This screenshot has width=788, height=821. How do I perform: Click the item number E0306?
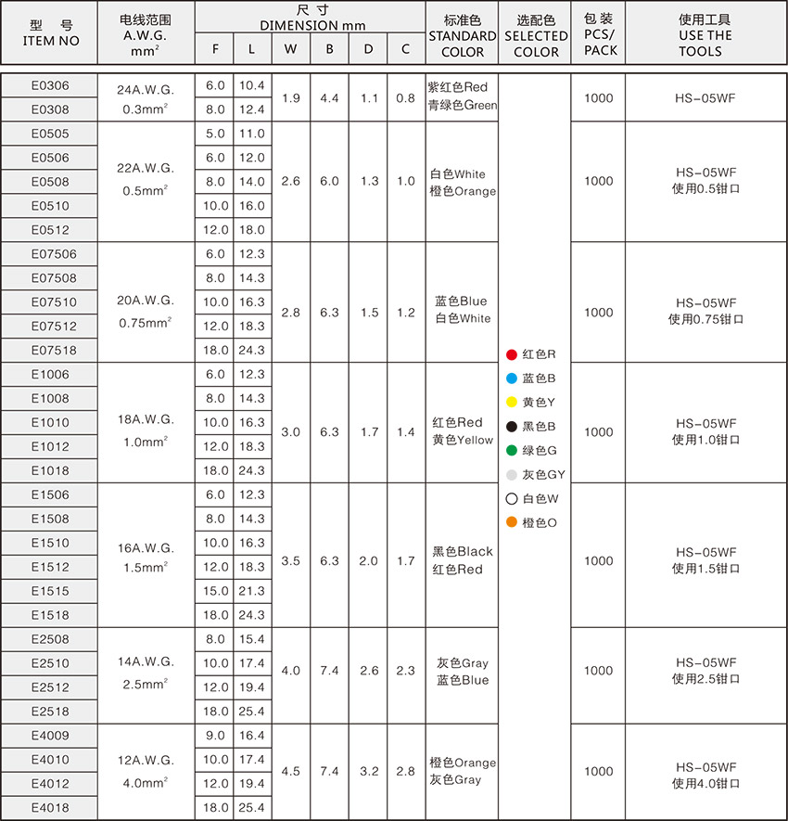(x=50, y=86)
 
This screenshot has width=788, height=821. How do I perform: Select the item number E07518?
(x=54, y=351)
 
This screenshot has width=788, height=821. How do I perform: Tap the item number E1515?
(x=50, y=591)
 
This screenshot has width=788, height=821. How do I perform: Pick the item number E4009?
(x=50, y=736)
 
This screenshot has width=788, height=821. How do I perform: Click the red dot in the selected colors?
(x=512, y=354)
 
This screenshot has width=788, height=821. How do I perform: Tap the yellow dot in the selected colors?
(x=512, y=403)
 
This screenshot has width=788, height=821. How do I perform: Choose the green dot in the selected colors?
(x=512, y=451)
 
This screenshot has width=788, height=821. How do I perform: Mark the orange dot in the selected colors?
(x=512, y=522)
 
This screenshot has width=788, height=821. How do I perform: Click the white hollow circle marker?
(x=512, y=498)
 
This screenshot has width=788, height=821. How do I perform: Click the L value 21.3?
(x=251, y=591)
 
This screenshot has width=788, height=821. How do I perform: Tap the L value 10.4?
(x=251, y=86)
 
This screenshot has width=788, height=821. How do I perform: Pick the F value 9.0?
(x=215, y=736)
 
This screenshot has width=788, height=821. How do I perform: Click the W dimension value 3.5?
(x=290, y=561)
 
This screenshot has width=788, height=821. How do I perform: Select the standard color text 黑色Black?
(x=463, y=551)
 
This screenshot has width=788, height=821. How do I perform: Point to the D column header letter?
(x=368, y=49)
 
